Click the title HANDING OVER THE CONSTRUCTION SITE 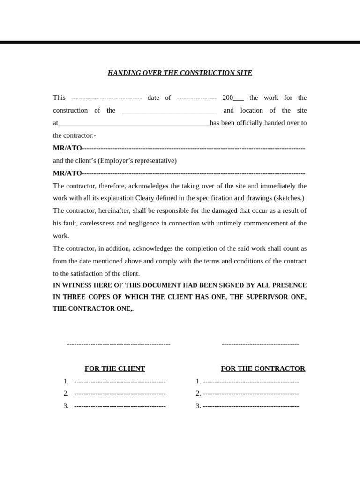click(180, 73)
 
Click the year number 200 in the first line click(227, 97)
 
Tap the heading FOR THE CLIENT click(115, 368)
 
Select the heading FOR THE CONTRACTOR click(263, 368)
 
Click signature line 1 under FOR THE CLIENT click(120, 381)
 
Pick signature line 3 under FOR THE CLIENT click(120, 406)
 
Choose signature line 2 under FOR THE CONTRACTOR click(251, 394)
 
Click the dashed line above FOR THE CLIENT click(119, 344)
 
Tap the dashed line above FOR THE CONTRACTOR click(260, 344)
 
